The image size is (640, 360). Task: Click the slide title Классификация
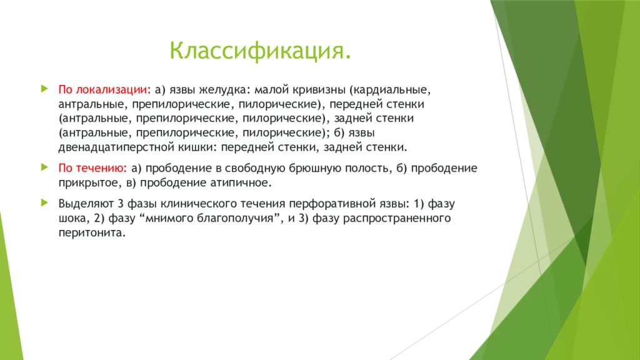(261, 51)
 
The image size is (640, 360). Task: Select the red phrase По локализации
(104, 90)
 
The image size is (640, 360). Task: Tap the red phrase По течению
(92, 169)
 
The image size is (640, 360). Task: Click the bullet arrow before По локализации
(44, 89)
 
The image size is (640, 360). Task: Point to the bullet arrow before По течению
(44, 167)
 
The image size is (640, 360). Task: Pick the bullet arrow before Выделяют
(44, 202)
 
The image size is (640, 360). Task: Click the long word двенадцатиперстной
(116, 147)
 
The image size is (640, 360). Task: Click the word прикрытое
(89, 183)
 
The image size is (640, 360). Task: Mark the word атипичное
(241, 183)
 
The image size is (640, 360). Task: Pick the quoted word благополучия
(235, 218)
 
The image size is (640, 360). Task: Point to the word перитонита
(92, 233)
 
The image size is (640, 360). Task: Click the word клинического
(201, 204)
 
